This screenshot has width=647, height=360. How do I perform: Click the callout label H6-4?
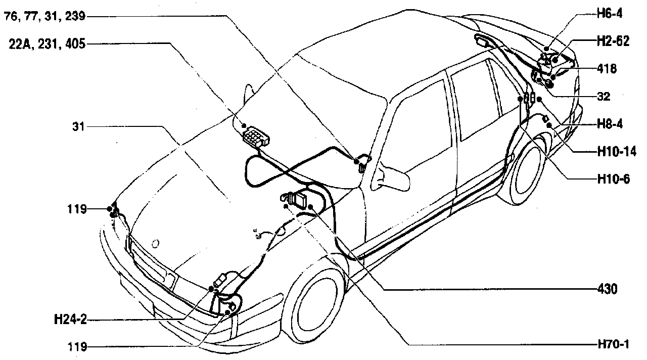click(x=609, y=14)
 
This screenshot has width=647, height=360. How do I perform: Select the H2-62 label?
click(x=612, y=41)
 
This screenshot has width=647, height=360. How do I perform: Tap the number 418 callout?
click(x=607, y=68)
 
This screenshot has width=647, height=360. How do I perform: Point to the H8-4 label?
click(x=609, y=123)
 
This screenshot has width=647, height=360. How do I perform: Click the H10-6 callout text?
click(x=612, y=178)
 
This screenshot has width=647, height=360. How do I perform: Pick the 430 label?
click(x=607, y=289)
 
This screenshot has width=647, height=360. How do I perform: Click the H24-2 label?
click(x=70, y=320)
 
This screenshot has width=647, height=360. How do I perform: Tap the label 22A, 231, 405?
click(x=47, y=44)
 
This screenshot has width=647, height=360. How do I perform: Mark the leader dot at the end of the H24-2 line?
click(x=211, y=289)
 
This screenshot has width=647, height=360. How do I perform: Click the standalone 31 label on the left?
click(x=78, y=127)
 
